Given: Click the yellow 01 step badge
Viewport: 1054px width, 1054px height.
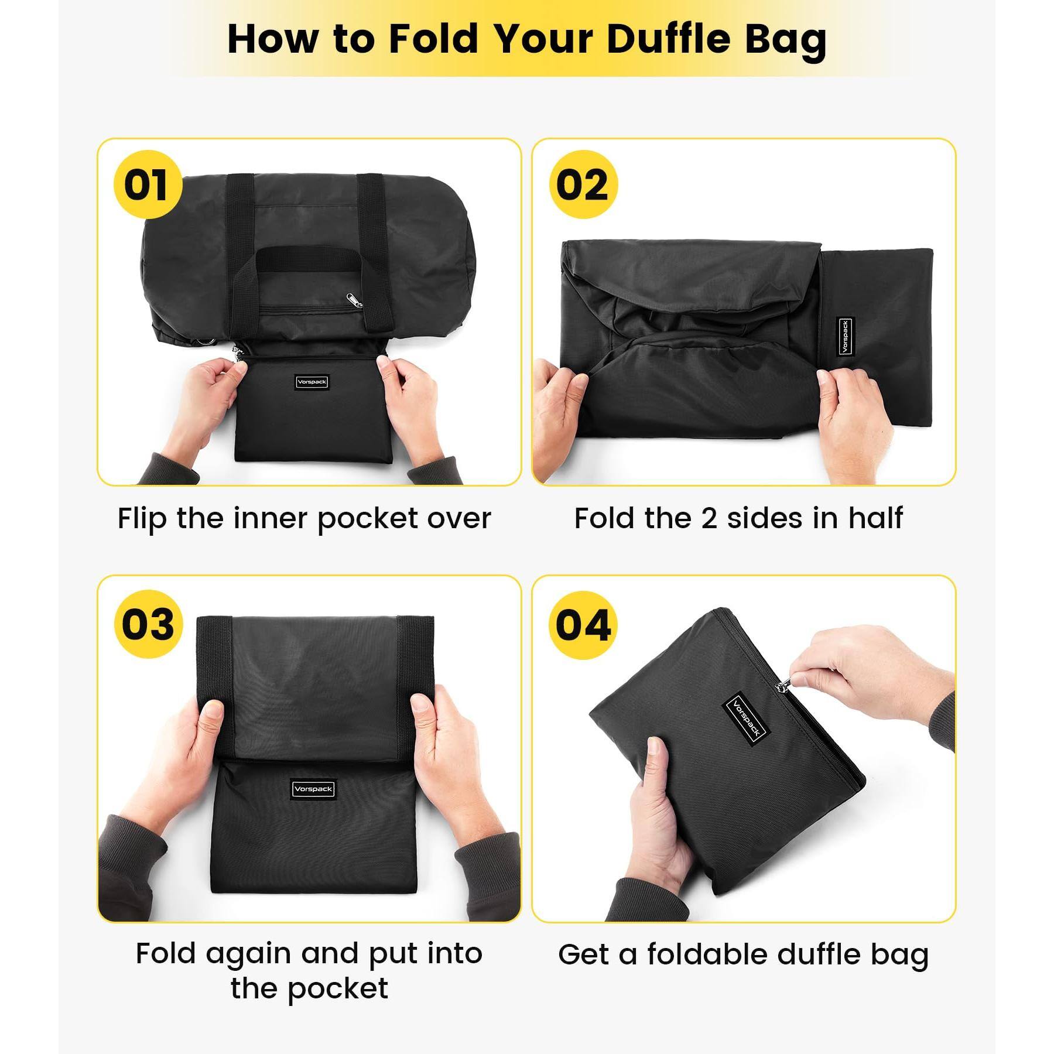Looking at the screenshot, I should [148, 184].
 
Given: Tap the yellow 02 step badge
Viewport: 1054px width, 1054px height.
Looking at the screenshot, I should [583, 184].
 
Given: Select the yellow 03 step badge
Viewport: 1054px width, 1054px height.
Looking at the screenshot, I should [148, 624].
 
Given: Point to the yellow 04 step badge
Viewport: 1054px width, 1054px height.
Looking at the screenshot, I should [583, 625].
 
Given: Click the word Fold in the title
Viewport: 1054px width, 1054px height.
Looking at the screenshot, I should [433, 39].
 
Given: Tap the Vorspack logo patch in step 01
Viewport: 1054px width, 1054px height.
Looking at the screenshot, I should [312, 382].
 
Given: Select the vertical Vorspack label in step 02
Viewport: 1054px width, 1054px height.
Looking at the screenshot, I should [844, 337].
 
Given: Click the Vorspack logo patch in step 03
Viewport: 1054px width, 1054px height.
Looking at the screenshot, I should [313, 789].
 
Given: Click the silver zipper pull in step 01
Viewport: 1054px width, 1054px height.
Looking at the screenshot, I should [354, 300].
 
